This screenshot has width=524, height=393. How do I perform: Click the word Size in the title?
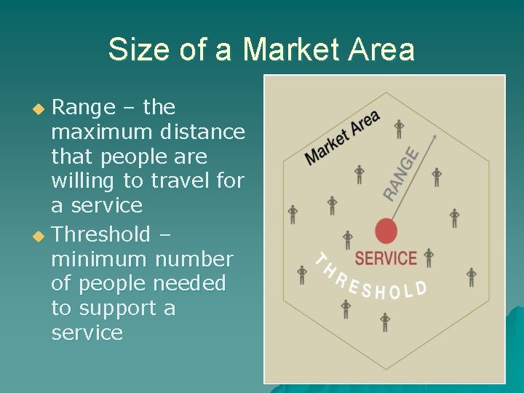[135, 50]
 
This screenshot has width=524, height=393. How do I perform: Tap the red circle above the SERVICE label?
[386, 232]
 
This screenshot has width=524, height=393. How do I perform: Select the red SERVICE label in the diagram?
[386, 258]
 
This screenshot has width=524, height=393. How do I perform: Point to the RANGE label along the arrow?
[402, 175]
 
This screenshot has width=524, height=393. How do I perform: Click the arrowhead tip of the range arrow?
[434, 135]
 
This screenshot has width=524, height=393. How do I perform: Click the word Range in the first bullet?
[84, 108]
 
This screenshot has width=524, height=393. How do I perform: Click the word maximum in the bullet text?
[98, 132]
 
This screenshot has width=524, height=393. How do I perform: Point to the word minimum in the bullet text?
[97, 259]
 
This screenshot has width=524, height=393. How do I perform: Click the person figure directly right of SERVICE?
[429, 257]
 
